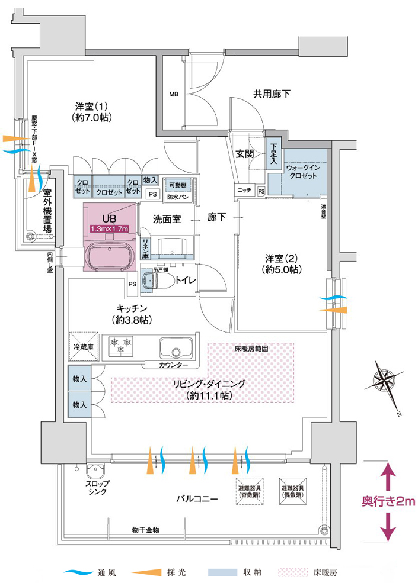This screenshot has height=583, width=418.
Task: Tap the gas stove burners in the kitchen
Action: pyautogui.click(x=122, y=344)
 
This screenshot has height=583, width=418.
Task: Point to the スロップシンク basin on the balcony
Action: pyautogui.click(x=96, y=472)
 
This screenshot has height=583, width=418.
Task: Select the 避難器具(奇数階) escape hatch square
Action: pyautogui.click(x=250, y=491)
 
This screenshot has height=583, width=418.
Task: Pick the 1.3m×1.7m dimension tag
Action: pyautogui.click(x=110, y=228)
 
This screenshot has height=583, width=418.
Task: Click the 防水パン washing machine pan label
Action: pyautogui.click(x=177, y=196)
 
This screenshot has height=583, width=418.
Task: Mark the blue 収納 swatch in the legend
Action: pyautogui.click(x=219, y=573)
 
